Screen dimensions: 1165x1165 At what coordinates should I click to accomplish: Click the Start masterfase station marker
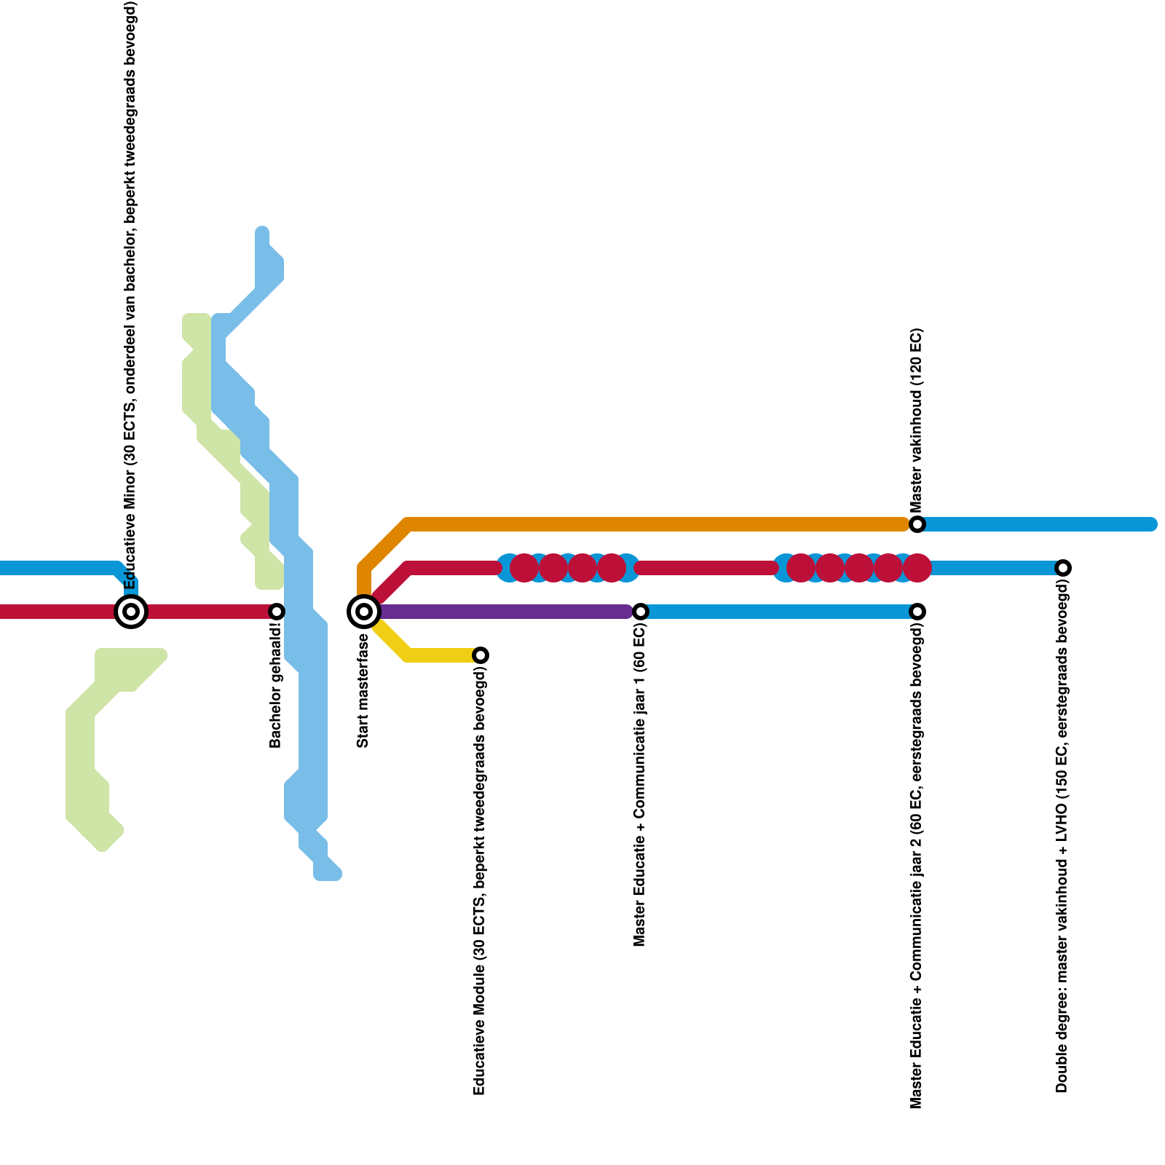point(364,612)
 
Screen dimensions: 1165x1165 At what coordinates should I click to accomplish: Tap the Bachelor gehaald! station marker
point(277,612)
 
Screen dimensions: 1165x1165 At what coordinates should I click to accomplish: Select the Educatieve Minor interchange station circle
point(131,612)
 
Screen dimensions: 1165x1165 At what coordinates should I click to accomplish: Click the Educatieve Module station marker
point(481,655)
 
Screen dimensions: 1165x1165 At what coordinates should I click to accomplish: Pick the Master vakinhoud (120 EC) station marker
point(917,524)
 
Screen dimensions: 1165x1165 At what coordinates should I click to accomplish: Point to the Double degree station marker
point(1063,568)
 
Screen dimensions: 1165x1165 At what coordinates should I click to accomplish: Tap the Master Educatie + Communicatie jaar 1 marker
point(641,612)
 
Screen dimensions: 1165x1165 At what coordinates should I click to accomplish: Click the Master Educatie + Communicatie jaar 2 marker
point(917,612)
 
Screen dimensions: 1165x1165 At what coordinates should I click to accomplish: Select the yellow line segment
point(437,655)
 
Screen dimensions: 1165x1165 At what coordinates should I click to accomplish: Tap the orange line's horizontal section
point(655,524)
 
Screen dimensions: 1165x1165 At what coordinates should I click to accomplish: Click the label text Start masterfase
point(363,691)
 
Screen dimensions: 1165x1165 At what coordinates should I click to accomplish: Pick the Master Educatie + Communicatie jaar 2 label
point(917,866)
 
